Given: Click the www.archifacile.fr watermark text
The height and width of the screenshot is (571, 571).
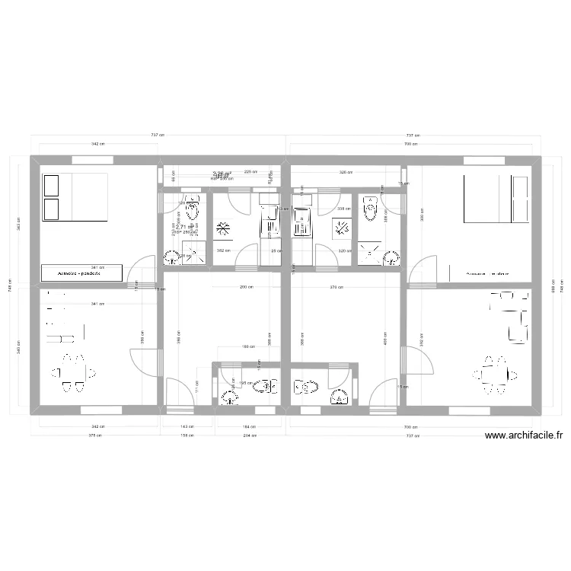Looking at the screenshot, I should (523, 436).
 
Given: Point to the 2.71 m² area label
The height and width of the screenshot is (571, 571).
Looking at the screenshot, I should (185, 226).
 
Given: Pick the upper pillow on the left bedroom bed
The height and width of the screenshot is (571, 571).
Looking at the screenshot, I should (52, 185).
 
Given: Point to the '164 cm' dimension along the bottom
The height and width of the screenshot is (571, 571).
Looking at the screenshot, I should (250, 427).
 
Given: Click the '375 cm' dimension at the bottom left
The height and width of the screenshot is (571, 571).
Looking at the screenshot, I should (96, 436).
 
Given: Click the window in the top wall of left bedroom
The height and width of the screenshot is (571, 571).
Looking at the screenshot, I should (93, 160).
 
